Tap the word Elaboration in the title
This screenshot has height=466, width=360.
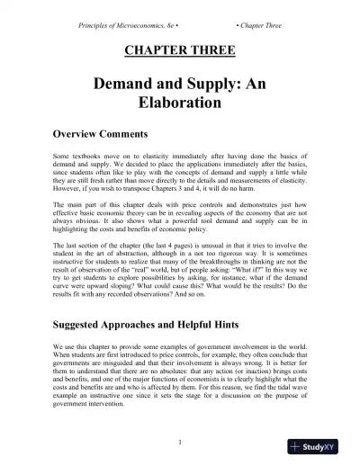tap(180, 103)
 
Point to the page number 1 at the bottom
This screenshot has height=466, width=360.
tap(180, 442)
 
